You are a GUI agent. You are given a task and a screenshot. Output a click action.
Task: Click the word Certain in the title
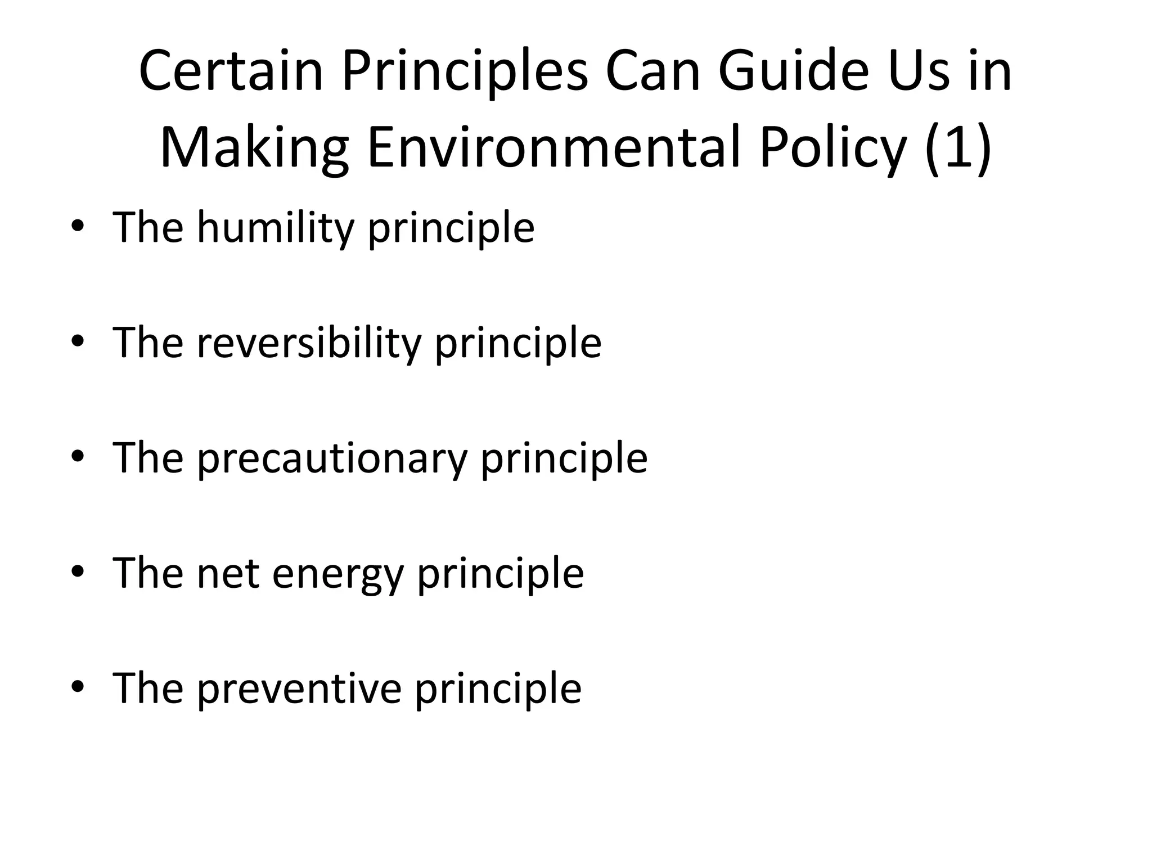pyautogui.click(x=231, y=71)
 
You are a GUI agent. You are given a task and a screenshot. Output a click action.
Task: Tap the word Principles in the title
pyautogui.click(x=465, y=71)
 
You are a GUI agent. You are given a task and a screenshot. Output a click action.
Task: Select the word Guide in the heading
pyautogui.click(x=794, y=71)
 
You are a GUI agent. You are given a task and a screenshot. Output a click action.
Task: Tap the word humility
pyautogui.click(x=276, y=228)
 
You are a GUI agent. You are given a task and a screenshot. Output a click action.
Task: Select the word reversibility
pyautogui.click(x=309, y=343)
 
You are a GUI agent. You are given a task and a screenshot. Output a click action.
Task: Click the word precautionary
pyautogui.click(x=332, y=458)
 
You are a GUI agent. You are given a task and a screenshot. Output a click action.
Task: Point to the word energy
pyautogui.click(x=337, y=573)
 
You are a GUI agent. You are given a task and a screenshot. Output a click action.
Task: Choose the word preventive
pyautogui.click(x=299, y=688)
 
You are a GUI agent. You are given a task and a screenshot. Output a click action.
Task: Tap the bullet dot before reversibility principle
pyautogui.click(x=78, y=341)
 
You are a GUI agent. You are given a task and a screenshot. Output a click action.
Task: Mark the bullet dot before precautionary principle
pyautogui.click(x=78, y=456)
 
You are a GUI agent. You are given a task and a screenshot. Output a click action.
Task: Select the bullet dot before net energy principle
pyautogui.click(x=78, y=571)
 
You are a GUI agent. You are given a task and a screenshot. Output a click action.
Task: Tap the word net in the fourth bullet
pyautogui.click(x=227, y=573)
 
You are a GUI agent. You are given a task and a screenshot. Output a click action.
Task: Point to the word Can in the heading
pyautogui.click(x=653, y=71)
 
